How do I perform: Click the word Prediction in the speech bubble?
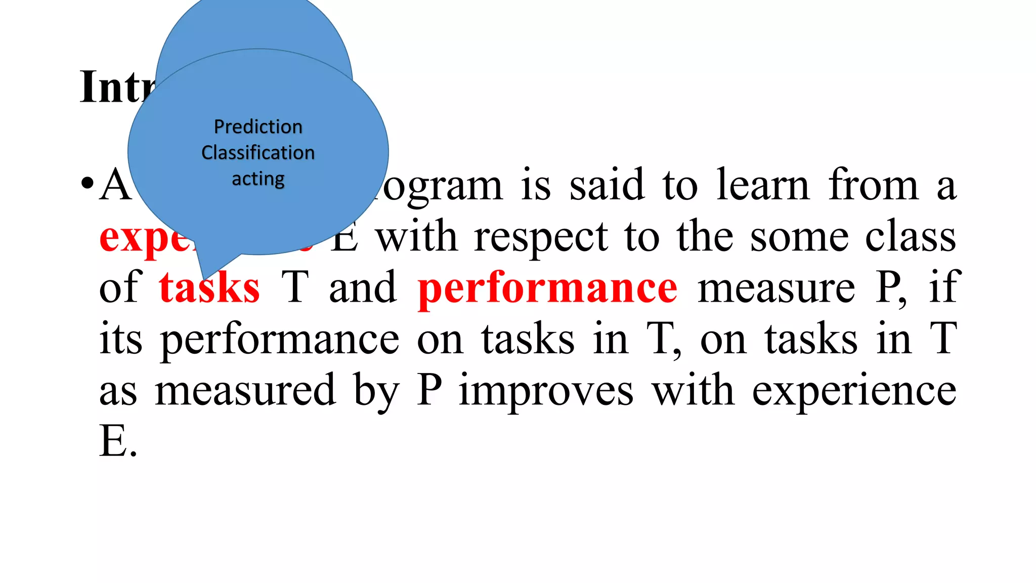(258, 127)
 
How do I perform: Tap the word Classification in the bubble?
(258, 152)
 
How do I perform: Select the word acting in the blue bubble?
(258, 179)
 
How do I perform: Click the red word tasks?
(209, 288)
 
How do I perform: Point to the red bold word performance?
(547, 288)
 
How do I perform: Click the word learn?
(763, 185)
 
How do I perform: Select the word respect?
(541, 237)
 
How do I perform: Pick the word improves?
(546, 391)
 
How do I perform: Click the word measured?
(245, 391)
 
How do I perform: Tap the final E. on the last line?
(118, 441)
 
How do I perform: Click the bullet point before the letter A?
(87, 183)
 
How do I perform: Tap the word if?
(942, 288)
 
